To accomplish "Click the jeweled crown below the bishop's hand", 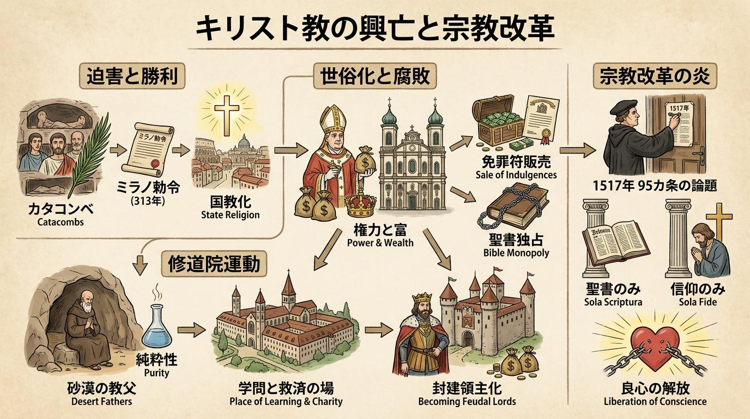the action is click(360, 205).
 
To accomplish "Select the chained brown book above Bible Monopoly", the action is click(513, 207).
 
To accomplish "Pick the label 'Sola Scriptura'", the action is click(613, 302).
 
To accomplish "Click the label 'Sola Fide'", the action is click(698, 302).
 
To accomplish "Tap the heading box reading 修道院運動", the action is click(214, 264).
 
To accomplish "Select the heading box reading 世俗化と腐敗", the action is click(375, 76).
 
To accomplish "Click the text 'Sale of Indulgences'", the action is click(516, 175).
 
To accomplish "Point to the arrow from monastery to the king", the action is click(379, 331).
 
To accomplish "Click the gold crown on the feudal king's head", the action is click(421, 297).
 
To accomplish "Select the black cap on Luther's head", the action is click(624, 108).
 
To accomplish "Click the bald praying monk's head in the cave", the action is click(87, 298).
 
